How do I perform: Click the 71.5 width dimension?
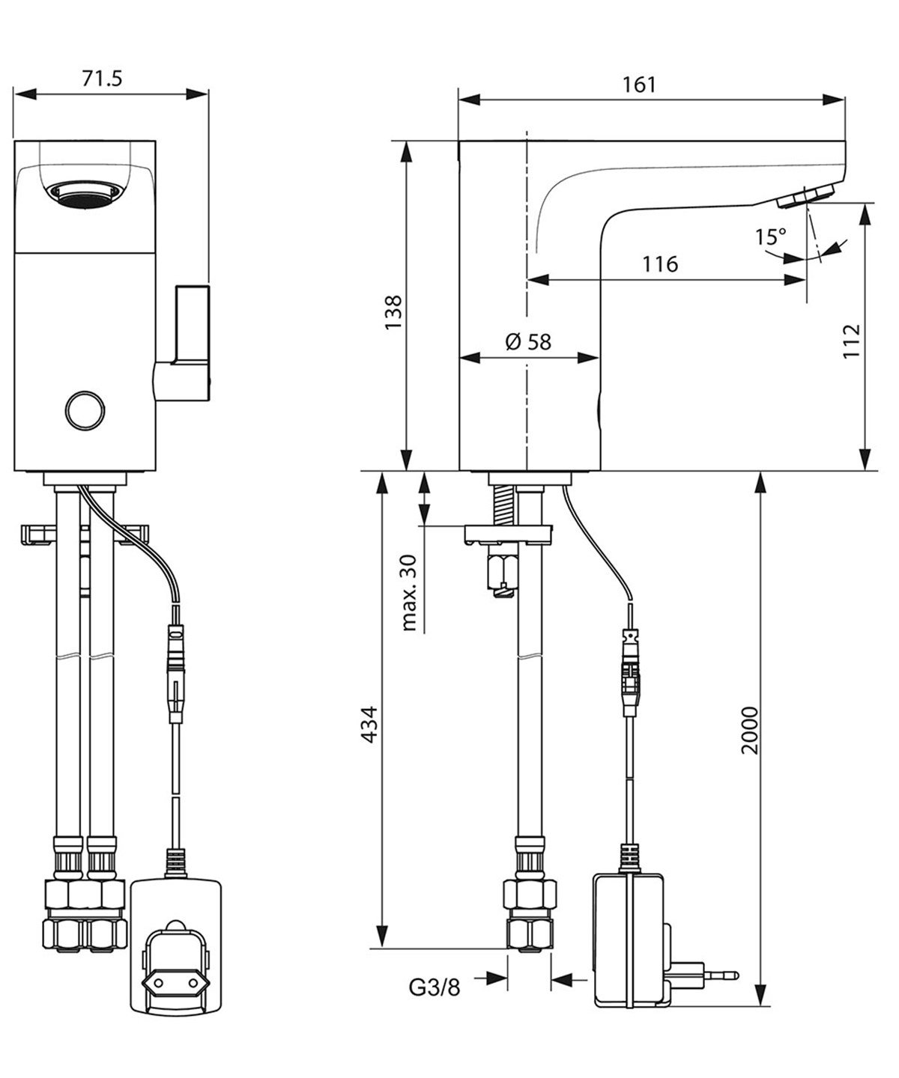point(103,79)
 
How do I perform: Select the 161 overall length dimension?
point(639,85)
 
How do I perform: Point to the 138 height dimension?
point(393,312)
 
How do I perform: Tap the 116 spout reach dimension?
point(660,264)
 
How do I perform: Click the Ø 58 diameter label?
point(528,342)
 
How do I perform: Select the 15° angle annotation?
point(770,237)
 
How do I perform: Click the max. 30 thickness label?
point(408,593)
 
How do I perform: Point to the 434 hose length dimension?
point(369,725)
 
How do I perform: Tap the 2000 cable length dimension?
point(749,731)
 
